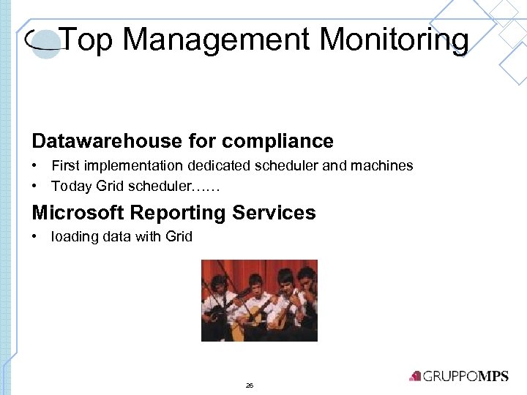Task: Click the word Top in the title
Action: click(87, 39)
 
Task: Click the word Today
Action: click(71, 187)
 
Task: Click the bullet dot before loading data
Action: click(35, 236)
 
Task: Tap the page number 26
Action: click(250, 385)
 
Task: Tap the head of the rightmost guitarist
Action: click(307, 276)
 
